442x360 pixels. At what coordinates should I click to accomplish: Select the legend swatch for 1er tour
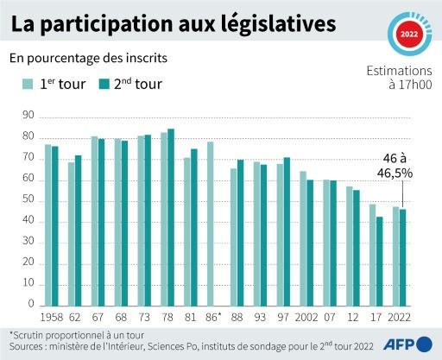(x=28, y=85)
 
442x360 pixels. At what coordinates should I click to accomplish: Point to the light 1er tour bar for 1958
(x=48, y=225)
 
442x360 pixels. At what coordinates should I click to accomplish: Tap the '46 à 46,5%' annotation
(x=399, y=166)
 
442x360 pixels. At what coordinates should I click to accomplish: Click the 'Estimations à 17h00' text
(x=398, y=77)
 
